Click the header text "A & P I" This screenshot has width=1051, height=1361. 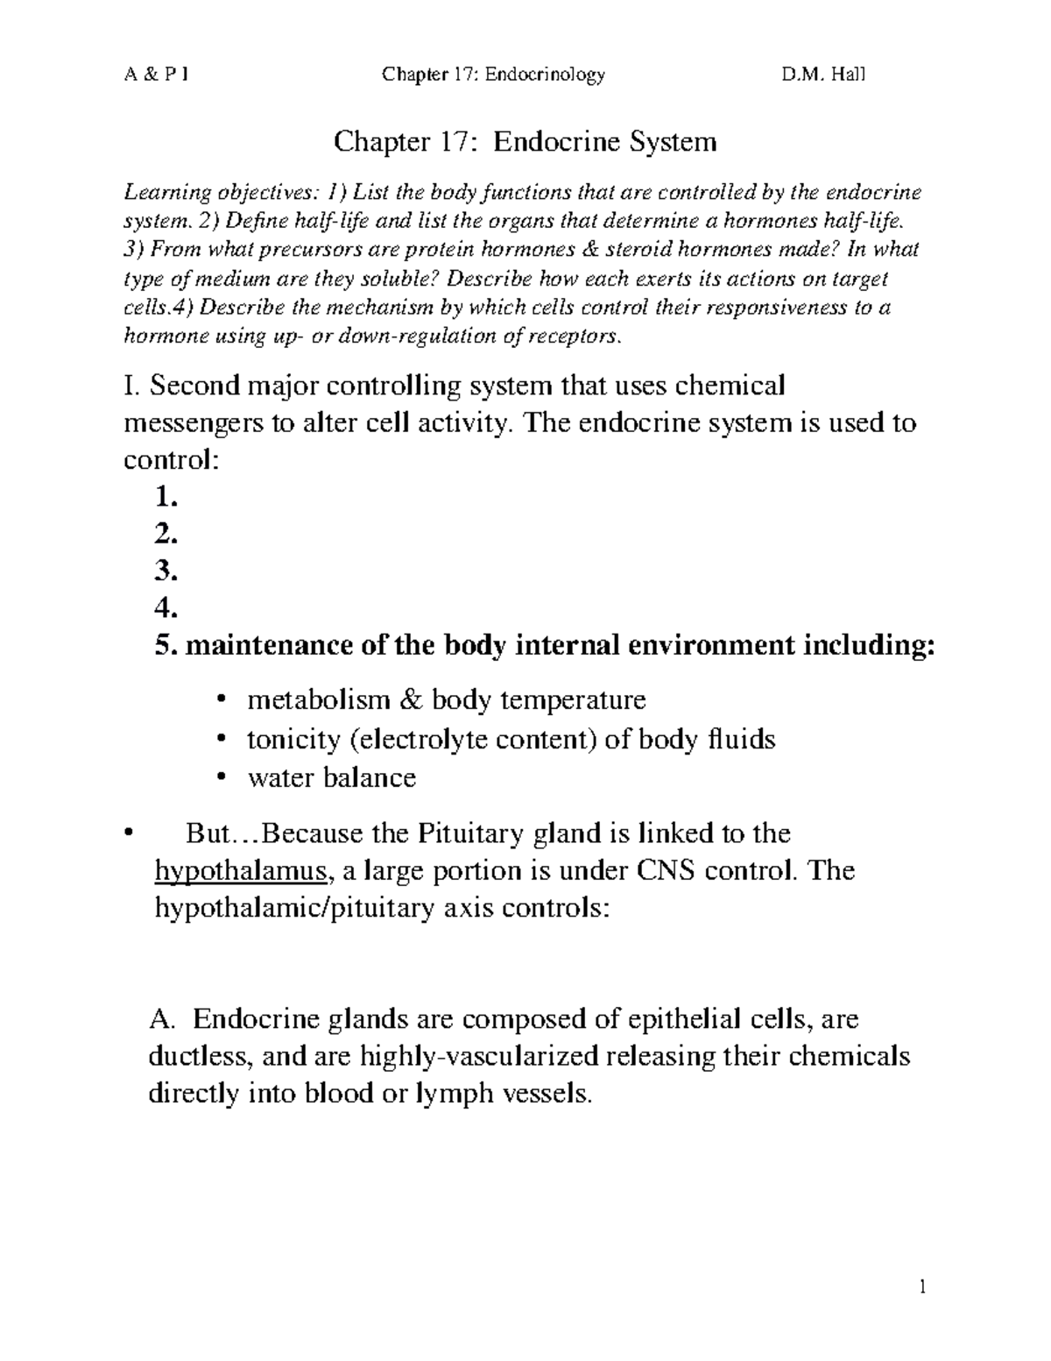[x=155, y=74]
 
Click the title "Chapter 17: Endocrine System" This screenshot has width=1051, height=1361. [x=525, y=141]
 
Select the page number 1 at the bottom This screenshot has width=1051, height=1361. [x=922, y=1287]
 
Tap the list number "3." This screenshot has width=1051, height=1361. [x=166, y=571]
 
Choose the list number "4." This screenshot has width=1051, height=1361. [x=166, y=608]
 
